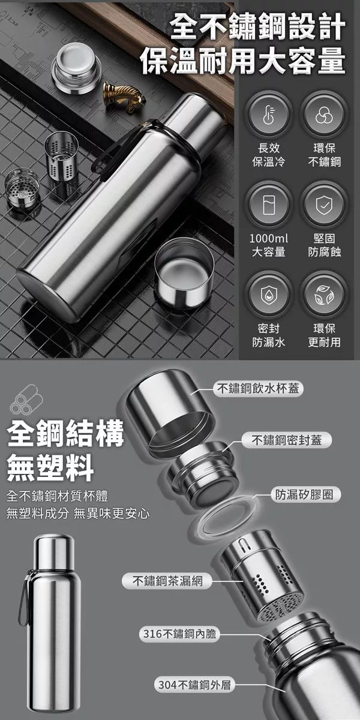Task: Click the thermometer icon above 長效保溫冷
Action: coord(268,115)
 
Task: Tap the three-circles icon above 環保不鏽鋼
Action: coord(324,115)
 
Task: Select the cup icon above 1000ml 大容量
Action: coord(269,205)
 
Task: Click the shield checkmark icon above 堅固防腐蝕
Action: coord(324,205)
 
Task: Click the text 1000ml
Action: coord(269,239)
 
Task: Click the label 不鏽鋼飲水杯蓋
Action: coord(258,388)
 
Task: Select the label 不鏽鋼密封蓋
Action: coord(287,440)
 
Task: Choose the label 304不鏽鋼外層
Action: coord(195,685)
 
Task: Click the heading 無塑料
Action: coord(50,467)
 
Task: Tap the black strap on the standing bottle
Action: coord(23,598)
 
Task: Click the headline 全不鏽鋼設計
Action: coord(258,28)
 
